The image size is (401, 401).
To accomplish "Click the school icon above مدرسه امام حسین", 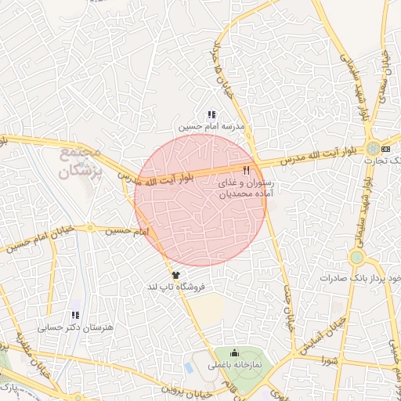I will [x=211, y=115].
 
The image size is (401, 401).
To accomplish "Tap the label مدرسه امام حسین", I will [x=211, y=126].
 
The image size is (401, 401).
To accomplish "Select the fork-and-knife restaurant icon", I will [x=246, y=169].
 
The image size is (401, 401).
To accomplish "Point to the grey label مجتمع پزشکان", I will [x=81, y=160].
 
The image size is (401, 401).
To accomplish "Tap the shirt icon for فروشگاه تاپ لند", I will [x=175, y=276].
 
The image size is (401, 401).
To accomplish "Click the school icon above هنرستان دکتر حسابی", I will [x=76, y=315].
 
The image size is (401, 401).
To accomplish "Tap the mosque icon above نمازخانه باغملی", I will [x=234, y=354].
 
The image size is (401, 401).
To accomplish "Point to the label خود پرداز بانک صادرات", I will [x=360, y=278].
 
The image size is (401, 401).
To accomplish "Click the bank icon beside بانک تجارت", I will [x=385, y=148].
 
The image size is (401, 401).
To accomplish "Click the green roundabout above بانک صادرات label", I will [x=357, y=257].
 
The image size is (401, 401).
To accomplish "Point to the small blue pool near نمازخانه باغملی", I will [x=189, y=366].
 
